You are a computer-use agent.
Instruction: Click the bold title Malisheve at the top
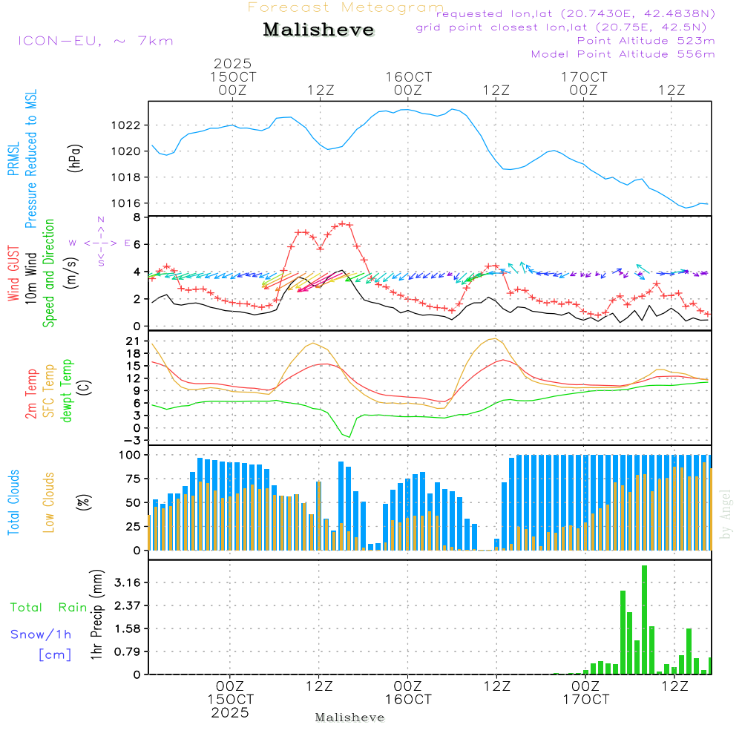(318, 30)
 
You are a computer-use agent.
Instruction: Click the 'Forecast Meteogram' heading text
(345, 7)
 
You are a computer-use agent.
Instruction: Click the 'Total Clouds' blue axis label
(14, 502)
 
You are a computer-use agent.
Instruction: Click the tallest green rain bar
(644, 620)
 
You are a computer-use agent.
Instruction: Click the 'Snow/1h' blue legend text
(42, 634)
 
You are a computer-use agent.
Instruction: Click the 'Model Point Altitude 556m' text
(623, 54)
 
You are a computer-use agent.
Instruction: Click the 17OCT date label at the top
(584, 77)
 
